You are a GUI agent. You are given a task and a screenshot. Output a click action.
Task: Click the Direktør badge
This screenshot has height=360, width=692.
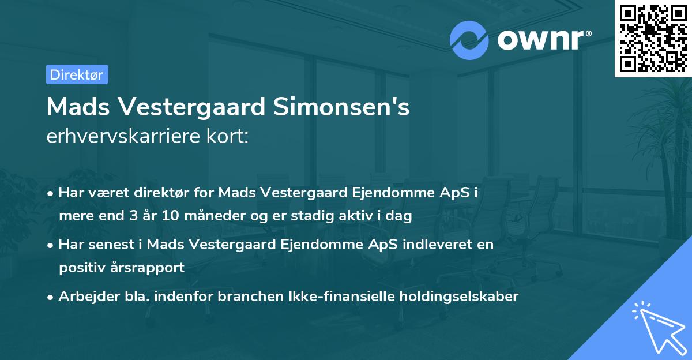(77, 74)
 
